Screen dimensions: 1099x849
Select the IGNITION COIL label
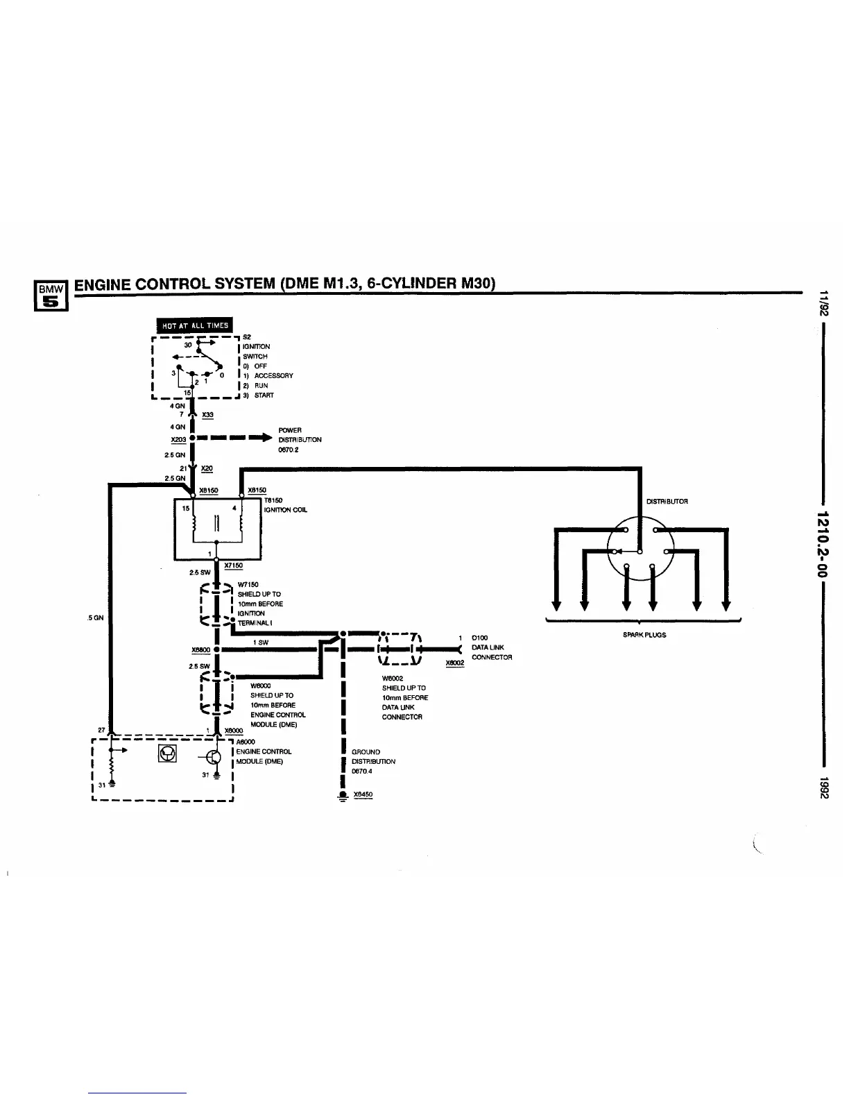click(286, 509)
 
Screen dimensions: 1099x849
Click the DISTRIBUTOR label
click(667, 501)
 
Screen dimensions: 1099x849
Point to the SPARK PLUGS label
click(644, 635)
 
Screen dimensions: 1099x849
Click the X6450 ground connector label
click(363, 795)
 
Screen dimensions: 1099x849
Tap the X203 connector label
click(178, 439)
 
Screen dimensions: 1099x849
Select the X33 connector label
click(207, 415)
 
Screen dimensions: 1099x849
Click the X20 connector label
click(206, 468)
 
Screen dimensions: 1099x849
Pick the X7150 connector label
click(233, 565)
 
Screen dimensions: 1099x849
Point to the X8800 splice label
click(200, 649)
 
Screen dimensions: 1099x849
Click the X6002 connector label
click(454, 663)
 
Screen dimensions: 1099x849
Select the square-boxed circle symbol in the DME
click(167, 753)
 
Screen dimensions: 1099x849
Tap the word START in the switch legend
click(264, 395)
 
